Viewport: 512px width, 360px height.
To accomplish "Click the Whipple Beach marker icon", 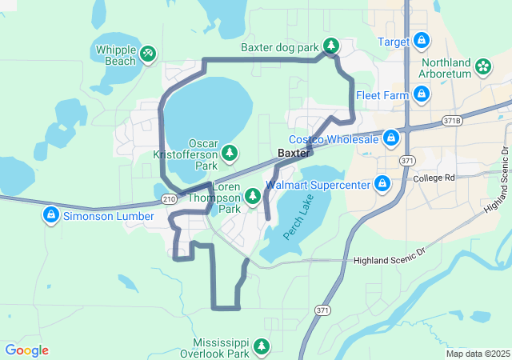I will point(148,54).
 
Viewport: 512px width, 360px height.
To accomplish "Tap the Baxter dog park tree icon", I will point(332,47).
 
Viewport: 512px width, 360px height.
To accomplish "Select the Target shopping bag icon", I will point(422,41).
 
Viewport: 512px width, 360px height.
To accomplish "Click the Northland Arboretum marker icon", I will point(483,66).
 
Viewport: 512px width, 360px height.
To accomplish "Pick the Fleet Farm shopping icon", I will point(422,95).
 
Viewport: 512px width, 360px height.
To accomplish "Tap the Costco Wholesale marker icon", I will point(390,139).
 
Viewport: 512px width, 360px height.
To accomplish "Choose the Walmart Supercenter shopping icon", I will point(382,185).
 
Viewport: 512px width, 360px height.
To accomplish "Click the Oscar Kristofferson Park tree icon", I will point(230,152).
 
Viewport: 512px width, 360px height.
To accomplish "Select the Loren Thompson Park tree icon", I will point(253,195).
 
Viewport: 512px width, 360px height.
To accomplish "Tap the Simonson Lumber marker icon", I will point(50,216).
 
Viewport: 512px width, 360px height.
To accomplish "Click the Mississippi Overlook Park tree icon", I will point(262,346).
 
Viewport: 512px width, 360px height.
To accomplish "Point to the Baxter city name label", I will point(294,153).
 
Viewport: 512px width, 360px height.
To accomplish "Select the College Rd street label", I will point(434,178).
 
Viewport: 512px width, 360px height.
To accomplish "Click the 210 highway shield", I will point(169,198).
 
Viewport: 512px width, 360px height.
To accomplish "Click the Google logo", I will point(26,350).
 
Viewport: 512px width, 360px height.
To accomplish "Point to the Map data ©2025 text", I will point(477,354).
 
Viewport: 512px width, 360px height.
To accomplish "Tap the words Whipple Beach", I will point(116,54).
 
